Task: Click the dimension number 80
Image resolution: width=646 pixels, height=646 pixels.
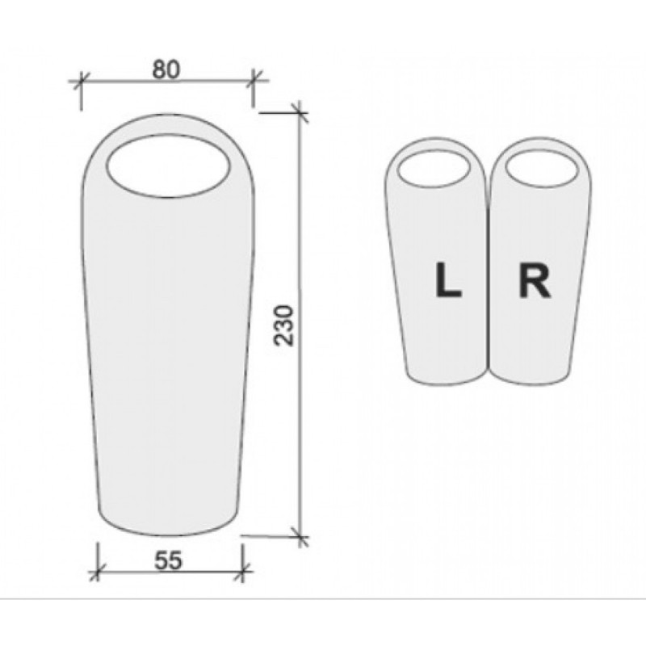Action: click(166, 69)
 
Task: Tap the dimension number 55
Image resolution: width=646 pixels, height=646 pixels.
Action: click(168, 560)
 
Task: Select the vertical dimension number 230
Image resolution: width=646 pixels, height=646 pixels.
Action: click(284, 325)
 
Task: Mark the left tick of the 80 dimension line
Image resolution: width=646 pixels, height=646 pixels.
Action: click(82, 81)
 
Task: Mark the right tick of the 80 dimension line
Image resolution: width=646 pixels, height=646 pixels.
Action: click(254, 79)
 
